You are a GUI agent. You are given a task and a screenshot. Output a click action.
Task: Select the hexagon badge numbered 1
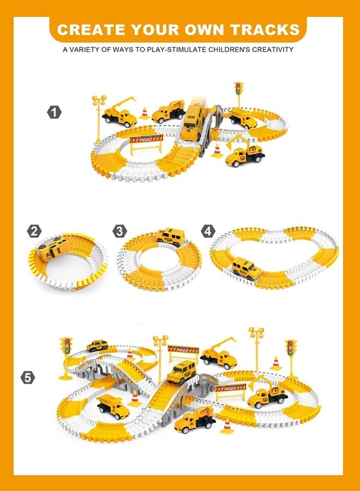53,112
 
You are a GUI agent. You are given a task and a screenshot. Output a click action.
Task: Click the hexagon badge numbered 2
34,231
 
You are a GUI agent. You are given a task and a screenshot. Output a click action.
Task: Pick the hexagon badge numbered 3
120,231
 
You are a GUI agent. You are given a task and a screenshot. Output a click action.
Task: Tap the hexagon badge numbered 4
208,231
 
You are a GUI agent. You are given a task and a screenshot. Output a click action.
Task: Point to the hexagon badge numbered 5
29,377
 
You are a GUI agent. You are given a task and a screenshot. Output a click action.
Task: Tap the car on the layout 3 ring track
171,236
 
